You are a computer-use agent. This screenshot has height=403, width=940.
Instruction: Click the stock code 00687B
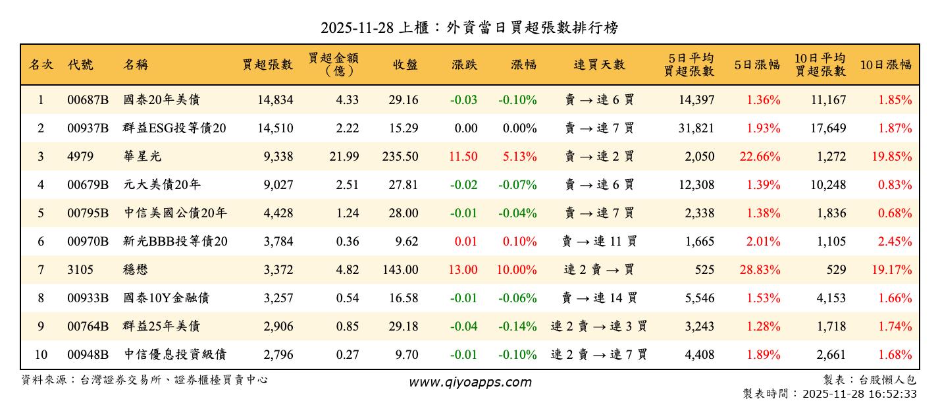(x=88, y=100)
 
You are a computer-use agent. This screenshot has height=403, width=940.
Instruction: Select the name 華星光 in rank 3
(x=142, y=157)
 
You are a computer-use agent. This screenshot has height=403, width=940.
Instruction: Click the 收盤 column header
(x=405, y=65)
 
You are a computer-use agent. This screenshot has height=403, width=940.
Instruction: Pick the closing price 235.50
(x=400, y=157)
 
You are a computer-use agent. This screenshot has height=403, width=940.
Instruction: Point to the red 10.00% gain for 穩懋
(x=519, y=270)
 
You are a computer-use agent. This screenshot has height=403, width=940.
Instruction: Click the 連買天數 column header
(x=599, y=65)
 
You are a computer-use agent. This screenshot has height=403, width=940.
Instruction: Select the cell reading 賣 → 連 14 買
(x=599, y=298)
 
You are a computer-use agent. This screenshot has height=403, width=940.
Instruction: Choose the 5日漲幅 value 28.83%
(x=763, y=270)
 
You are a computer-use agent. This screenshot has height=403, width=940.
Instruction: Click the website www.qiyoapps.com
(x=470, y=383)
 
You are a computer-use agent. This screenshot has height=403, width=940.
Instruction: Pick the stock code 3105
(x=80, y=270)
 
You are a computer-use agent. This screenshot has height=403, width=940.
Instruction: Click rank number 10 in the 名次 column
(x=41, y=355)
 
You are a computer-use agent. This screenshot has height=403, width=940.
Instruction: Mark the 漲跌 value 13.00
(x=463, y=270)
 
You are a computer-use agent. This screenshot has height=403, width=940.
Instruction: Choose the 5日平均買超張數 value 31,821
(x=696, y=128)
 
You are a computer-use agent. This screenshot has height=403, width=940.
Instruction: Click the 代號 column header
(x=80, y=65)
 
